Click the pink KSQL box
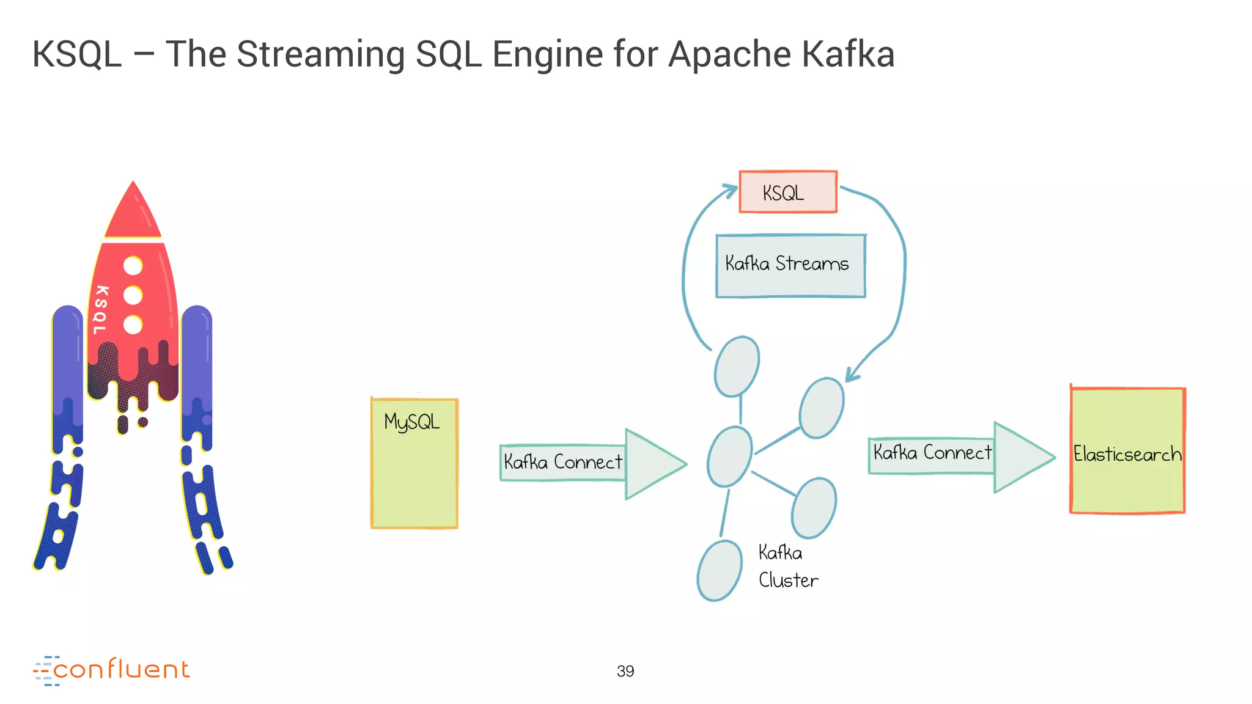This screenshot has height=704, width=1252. [787, 193]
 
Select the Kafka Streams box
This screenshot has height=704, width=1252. [790, 265]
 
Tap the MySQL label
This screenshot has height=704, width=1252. [411, 422]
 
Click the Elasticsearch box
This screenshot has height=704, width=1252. [1127, 451]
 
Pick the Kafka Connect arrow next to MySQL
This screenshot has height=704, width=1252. [592, 463]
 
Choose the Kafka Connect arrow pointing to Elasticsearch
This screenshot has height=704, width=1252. [960, 455]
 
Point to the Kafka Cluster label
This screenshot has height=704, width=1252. [787, 566]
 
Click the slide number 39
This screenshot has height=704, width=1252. [625, 671]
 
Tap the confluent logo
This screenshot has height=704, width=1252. [112, 670]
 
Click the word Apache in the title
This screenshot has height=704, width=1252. [729, 54]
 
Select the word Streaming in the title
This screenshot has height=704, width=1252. [320, 54]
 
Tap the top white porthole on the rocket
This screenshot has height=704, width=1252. [133, 266]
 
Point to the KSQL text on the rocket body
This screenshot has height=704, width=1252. [101, 310]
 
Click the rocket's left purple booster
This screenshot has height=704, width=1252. [67, 367]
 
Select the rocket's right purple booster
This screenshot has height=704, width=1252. [197, 367]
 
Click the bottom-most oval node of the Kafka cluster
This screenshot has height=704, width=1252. [720, 571]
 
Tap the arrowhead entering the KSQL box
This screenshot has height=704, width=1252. [730, 190]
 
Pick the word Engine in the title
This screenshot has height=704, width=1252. [548, 54]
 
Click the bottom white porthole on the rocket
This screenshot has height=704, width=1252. [133, 324]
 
